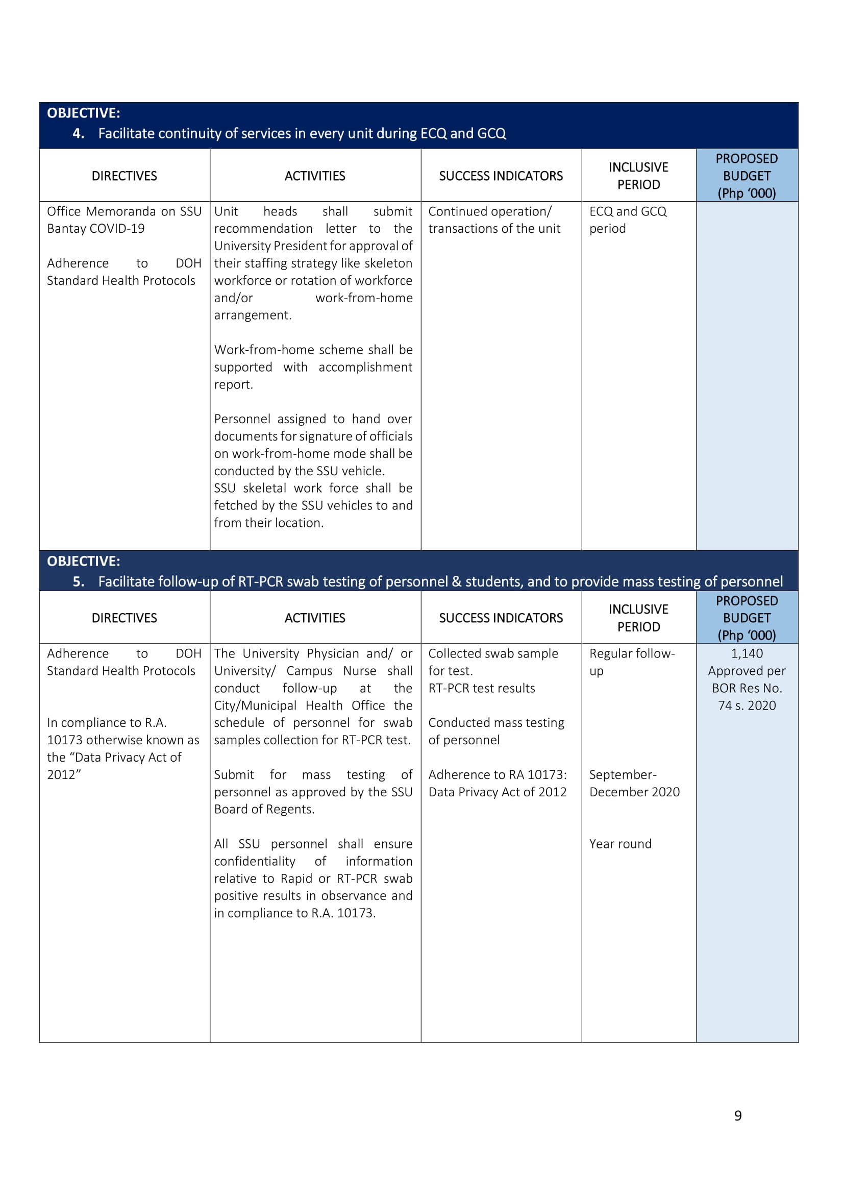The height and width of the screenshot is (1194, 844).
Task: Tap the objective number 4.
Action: pyautogui.click(x=78, y=134)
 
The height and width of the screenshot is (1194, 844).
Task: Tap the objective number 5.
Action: pyautogui.click(x=78, y=581)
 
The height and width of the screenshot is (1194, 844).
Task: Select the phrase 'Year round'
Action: pyautogui.click(x=620, y=843)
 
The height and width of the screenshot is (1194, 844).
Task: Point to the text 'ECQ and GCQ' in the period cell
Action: pyautogui.click(x=627, y=211)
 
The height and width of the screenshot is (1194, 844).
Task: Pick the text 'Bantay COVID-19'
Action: pyautogui.click(x=95, y=228)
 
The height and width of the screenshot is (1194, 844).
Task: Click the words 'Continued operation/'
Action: pyautogui.click(x=489, y=211)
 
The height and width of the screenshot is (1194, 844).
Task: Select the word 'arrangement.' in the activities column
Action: pyautogui.click(x=253, y=315)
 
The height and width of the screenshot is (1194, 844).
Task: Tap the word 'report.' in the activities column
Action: pyautogui.click(x=233, y=384)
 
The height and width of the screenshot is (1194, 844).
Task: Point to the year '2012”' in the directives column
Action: pyautogui.click(x=64, y=774)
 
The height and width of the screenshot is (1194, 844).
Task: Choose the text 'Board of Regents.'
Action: pyautogui.click(x=264, y=809)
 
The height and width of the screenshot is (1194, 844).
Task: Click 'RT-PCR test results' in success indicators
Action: pyautogui.click(x=481, y=688)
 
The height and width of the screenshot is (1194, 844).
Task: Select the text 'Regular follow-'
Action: pyautogui.click(x=631, y=653)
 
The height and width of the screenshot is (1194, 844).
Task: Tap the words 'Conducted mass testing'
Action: pyautogui.click(x=496, y=722)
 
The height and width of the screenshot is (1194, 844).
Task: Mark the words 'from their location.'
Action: pyautogui.click(x=269, y=523)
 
